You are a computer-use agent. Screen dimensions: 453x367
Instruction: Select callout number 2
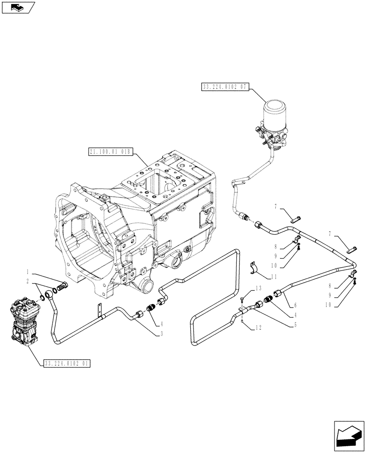(x=28, y=281)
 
